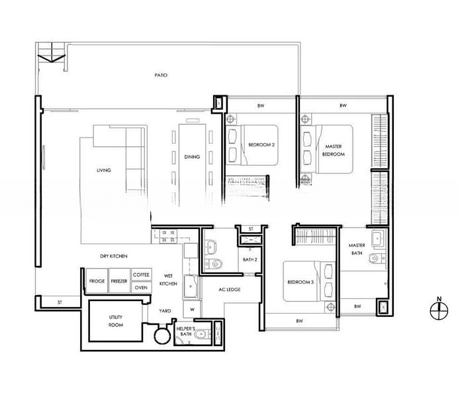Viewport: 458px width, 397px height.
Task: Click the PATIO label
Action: click(x=161, y=75)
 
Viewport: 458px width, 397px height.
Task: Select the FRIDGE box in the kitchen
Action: click(x=97, y=281)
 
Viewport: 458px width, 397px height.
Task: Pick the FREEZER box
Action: click(x=119, y=281)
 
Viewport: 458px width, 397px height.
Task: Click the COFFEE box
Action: click(x=142, y=275)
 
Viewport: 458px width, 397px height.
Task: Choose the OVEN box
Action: click(x=142, y=288)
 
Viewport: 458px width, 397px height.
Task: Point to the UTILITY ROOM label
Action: click(x=116, y=321)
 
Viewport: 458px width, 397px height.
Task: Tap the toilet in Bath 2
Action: click(x=214, y=264)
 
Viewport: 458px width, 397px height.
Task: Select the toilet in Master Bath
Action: click(x=377, y=258)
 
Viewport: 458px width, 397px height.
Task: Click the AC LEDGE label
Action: click(x=230, y=290)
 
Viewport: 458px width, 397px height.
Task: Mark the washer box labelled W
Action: click(x=192, y=310)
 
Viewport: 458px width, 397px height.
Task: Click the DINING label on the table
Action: click(x=192, y=157)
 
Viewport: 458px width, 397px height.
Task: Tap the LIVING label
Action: click(x=104, y=170)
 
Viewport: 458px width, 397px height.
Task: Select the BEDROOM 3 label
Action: click(x=300, y=283)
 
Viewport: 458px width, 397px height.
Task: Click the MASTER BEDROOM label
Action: click(x=334, y=150)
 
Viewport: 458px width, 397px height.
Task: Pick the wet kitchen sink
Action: click(x=191, y=287)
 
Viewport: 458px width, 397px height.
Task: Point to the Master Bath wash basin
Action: click(x=378, y=239)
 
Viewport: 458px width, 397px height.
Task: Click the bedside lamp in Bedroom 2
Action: click(x=230, y=119)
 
